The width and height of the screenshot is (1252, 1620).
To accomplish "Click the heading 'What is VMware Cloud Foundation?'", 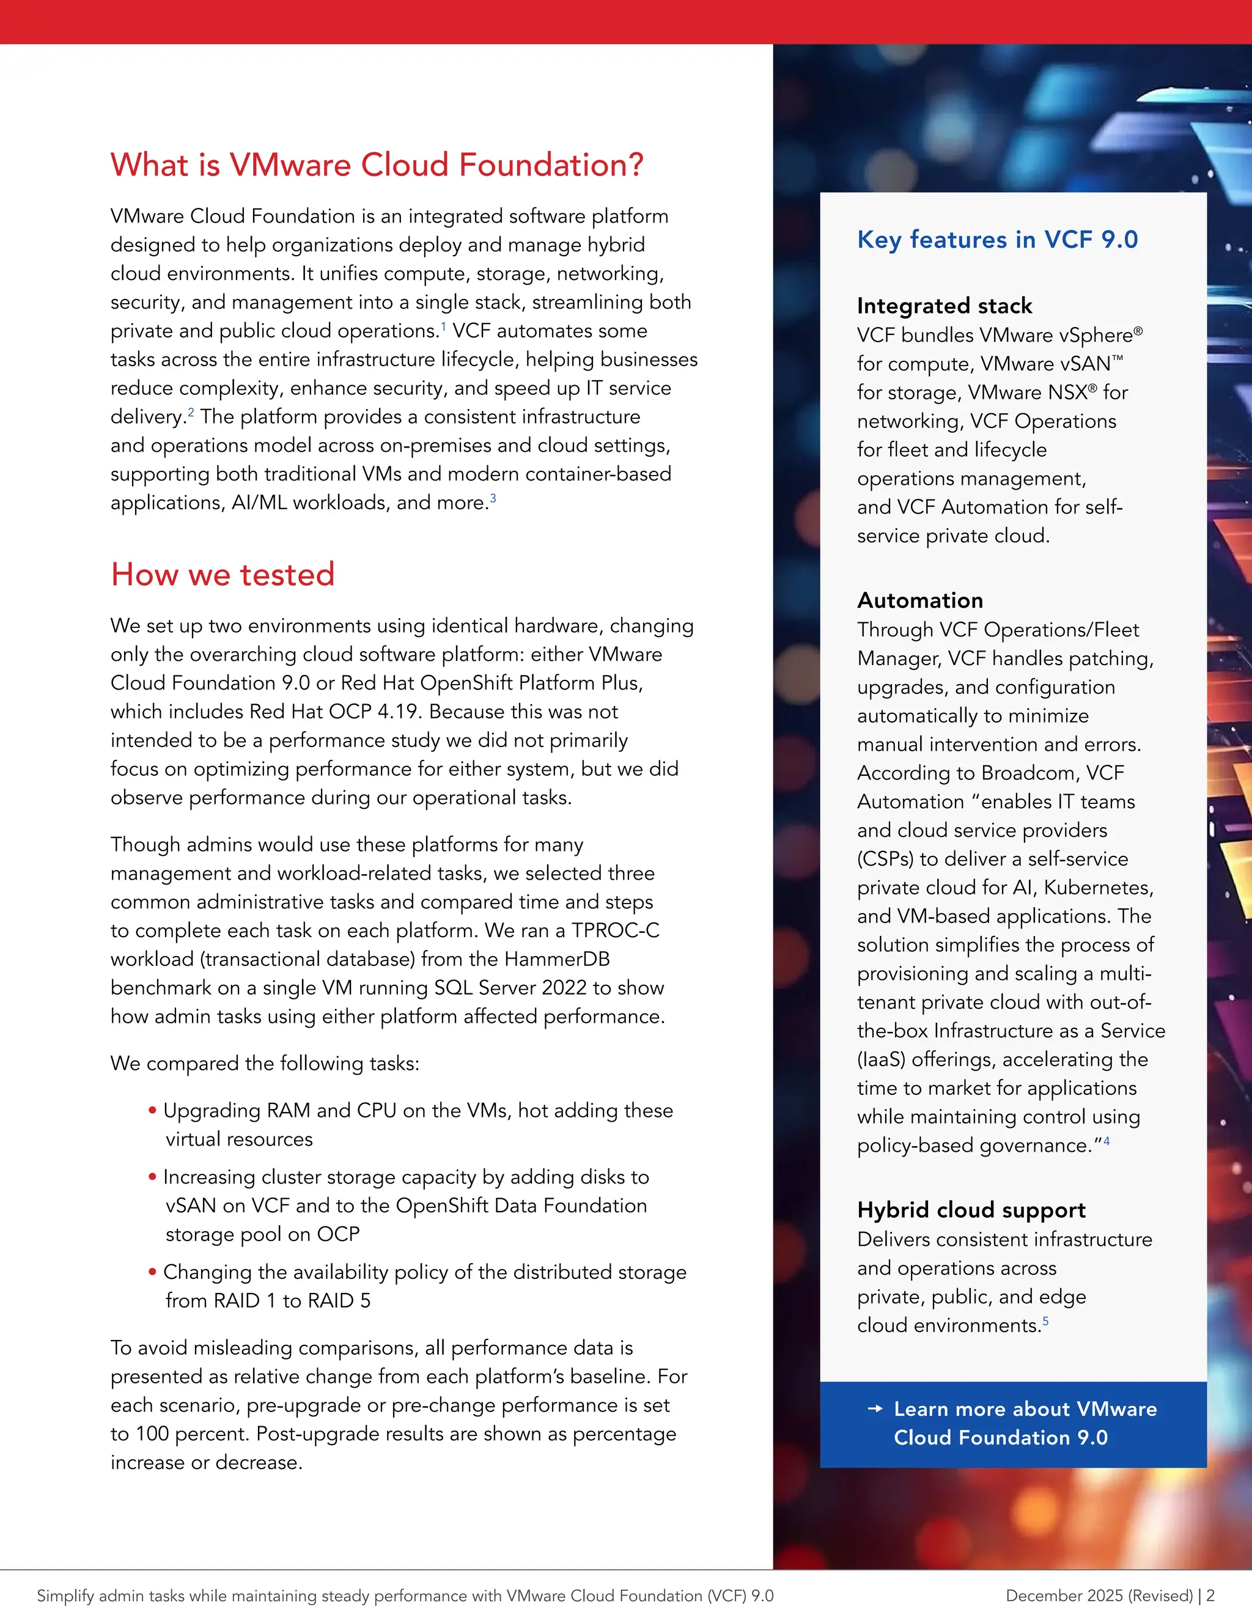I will click(x=377, y=164).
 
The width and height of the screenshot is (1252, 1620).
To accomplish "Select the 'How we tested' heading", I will click(x=223, y=575).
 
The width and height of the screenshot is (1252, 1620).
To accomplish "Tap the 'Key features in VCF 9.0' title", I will click(x=997, y=240).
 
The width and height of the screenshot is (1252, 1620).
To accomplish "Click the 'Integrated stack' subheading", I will click(x=944, y=306).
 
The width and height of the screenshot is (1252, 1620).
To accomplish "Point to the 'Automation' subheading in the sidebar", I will click(x=919, y=600).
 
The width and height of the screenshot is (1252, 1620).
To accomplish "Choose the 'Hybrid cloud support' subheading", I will click(x=971, y=1210).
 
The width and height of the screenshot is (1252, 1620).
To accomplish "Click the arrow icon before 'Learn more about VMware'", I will click(x=875, y=1408).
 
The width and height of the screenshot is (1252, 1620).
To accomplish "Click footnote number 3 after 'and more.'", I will click(x=493, y=498).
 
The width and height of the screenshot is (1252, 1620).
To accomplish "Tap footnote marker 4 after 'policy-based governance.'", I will click(x=1107, y=1141).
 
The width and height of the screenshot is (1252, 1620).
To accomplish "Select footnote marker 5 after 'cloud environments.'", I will click(x=1046, y=1320).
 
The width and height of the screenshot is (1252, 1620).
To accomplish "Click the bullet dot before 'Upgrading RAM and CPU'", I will click(x=152, y=1110).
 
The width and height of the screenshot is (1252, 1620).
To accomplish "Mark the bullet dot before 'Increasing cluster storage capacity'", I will click(x=152, y=1177).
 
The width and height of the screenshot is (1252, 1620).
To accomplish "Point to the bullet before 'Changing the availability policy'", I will click(x=152, y=1272).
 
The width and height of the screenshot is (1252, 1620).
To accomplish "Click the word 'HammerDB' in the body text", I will click(x=556, y=959).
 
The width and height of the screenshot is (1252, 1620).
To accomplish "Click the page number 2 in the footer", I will click(x=1210, y=1596).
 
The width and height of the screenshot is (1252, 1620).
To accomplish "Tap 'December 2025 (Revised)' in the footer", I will click(x=1099, y=1596).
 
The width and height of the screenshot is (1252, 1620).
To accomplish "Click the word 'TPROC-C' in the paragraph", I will click(x=615, y=930).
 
